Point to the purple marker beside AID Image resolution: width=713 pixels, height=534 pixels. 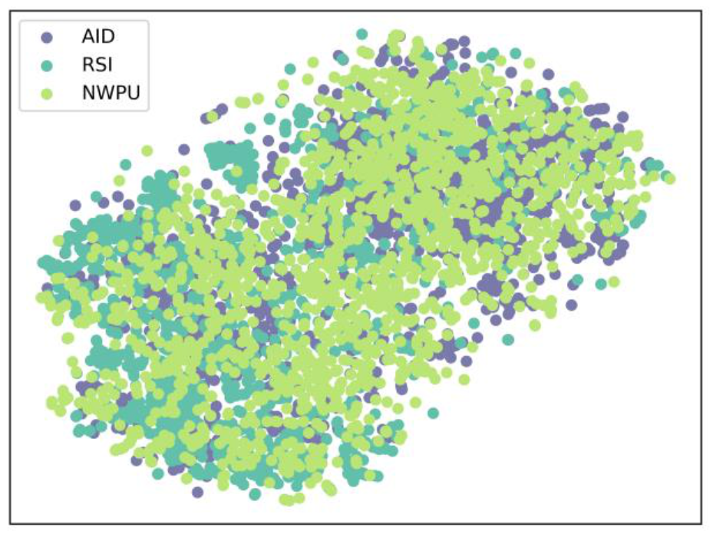(x=48, y=36)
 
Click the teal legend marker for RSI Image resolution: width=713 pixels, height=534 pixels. (x=48, y=66)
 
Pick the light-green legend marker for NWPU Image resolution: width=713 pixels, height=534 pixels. (x=48, y=95)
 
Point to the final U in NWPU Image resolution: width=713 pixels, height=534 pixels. (x=138, y=95)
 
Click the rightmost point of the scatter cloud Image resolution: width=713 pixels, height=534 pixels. (x=669, y=179)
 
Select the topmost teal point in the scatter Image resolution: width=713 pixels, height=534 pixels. (x=361, y=34)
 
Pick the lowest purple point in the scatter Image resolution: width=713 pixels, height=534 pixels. (x=198, y=492)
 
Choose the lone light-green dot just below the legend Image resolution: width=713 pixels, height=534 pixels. (x=146, y=151)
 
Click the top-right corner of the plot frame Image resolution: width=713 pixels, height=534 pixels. (x=702, y=11)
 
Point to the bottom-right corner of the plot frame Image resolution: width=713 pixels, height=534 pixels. (x=702, y=524)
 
